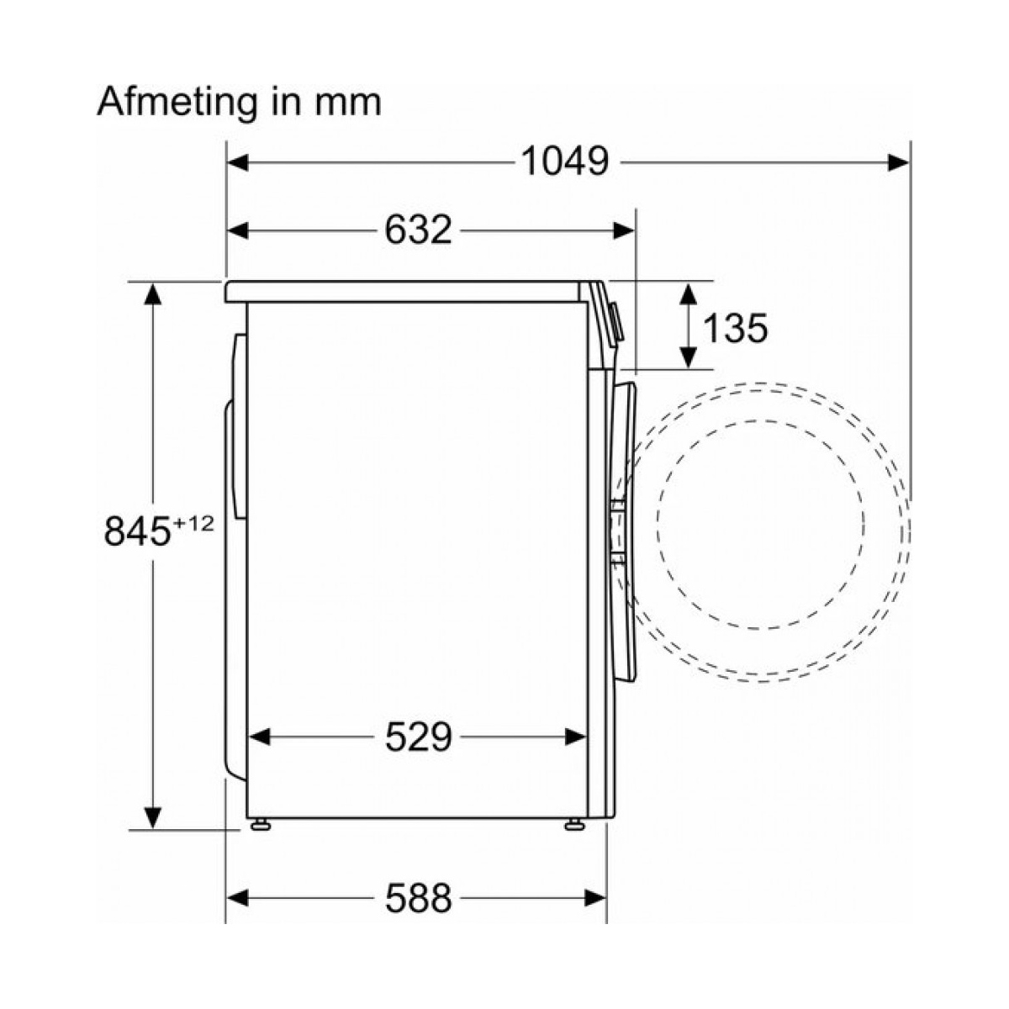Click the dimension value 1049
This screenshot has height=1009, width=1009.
tap(565, 161)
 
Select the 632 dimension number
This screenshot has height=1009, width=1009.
tap(419, 230)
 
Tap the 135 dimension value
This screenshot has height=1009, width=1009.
tap(735, 328)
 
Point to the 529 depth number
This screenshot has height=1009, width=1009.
tap(419, 737)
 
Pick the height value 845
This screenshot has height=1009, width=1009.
tap(138, 531)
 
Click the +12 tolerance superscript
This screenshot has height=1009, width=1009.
tap(193, 523)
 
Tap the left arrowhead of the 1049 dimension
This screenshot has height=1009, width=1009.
tap(238, 163)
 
